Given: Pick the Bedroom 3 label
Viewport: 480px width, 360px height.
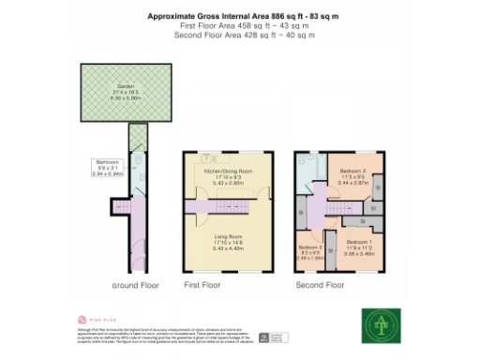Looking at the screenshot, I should pyautogui.click(x=308, y=247).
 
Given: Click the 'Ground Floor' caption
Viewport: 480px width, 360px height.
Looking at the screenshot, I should pyautogui.click(x=136, y=284).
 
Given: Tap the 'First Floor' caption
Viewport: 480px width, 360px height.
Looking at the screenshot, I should pyautogui.click(x=202, y=284).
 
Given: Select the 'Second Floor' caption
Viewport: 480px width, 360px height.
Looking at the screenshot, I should pyautogui.click(x=320, y=284).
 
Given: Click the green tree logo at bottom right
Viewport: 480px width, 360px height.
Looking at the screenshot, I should pyautogui.click(x=381, y=323).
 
